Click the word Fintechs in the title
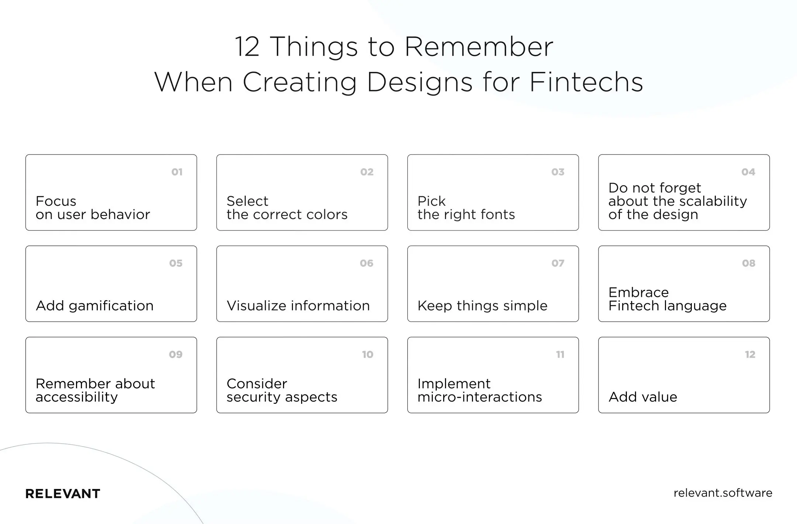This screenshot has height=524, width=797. (x=586, y=82)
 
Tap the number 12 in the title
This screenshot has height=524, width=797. (x=247, y=47)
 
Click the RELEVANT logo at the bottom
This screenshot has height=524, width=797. (x=63, y=494)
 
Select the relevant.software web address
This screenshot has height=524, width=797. (x=722, y=493)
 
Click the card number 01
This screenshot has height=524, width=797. (x=177, y=172)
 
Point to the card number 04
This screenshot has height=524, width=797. (x=748, y=172)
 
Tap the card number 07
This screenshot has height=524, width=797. (x=558, y=263)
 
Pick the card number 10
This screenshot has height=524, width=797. (x=367, y=355)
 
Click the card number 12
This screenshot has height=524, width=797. (x=750, y=355)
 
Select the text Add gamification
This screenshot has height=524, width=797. (x=94, y=306)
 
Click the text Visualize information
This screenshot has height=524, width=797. (x=298, y=306)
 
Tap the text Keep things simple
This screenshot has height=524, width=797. (x=482, y=306)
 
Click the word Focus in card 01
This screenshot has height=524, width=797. (x=56, y=201)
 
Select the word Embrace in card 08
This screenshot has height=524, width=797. (x=638, y=292)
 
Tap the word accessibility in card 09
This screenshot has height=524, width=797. (x=76, y=397)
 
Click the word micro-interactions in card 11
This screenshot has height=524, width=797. (x=479, y=397)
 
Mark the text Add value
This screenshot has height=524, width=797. (x=642, y=397)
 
